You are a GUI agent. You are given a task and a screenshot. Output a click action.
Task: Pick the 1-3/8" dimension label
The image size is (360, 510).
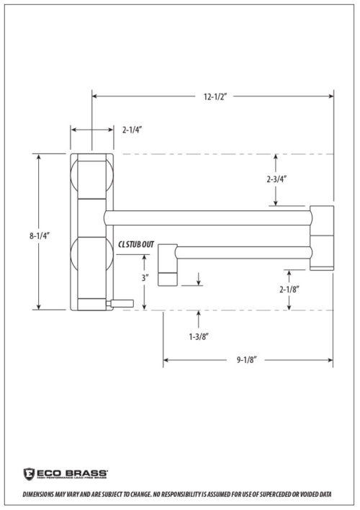click(x=200, y=335)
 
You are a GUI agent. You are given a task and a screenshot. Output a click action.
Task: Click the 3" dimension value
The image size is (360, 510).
click(x=145, y=277)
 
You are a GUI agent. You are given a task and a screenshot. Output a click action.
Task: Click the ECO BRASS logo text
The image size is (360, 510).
click(x=57, y=469)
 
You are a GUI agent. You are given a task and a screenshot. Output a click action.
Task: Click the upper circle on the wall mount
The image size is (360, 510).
click(x=92, y=177)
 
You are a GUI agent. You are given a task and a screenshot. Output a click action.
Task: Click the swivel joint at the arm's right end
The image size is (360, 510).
click(x=322, y=238)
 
